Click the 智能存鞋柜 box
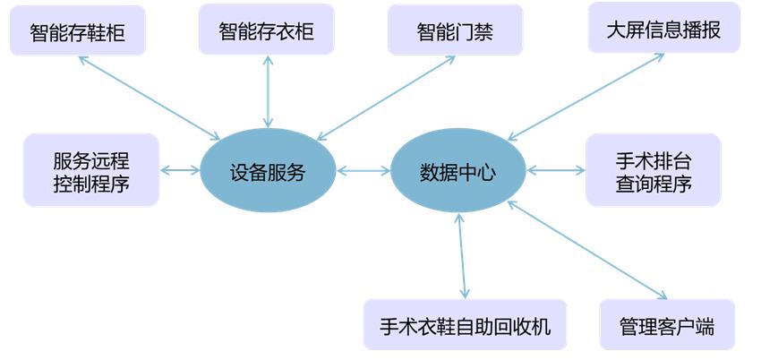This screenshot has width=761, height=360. (77, 33)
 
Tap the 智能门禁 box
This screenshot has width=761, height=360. (455, 31)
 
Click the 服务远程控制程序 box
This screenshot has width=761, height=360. (91, 172)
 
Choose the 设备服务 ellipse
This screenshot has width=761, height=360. (268, 172)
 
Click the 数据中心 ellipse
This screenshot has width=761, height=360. (457, 172)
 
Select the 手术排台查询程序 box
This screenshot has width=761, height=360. (653, 172)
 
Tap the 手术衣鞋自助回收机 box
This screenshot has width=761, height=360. (465, 325)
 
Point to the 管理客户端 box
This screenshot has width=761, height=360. (667, 326)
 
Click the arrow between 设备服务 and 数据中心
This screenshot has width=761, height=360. (363, 170)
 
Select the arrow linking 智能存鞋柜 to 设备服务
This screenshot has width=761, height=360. (149, 99)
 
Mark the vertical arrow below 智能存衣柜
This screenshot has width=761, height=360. (267, 92)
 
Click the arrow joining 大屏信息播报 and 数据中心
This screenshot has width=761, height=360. (586, 97)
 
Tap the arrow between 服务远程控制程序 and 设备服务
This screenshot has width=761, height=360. (179, 170)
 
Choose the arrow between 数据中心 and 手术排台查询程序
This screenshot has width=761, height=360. (555, 168)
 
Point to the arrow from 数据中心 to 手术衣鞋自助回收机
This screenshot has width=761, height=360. (462, 255)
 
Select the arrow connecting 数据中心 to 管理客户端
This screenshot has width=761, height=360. (587, 250)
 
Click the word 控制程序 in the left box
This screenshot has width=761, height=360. (91, 184)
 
